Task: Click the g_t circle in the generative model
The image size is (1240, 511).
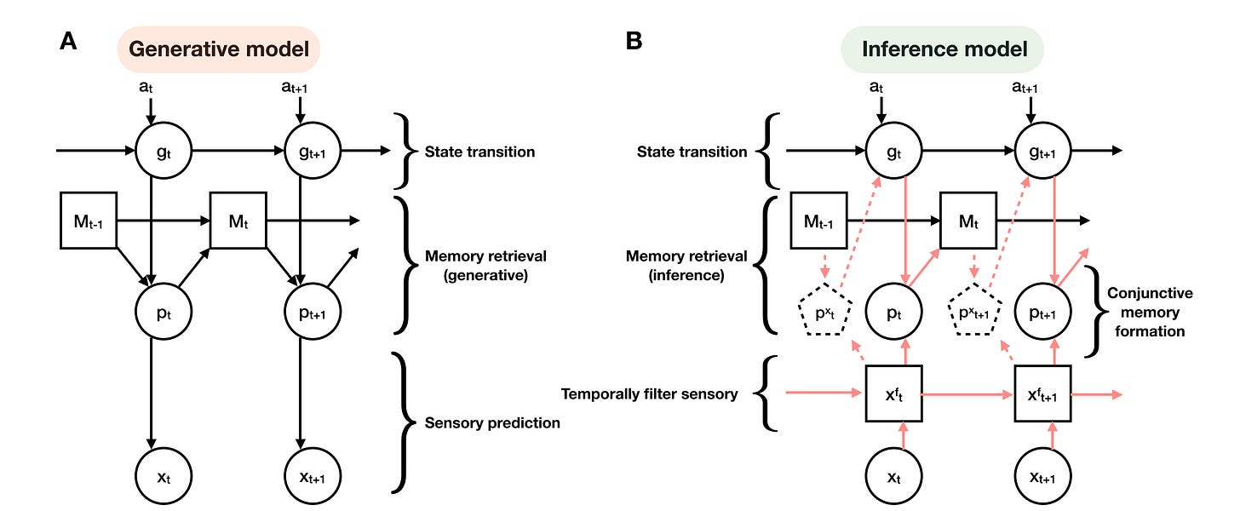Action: (163, 152)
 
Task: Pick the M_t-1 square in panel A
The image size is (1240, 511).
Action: (89, 220)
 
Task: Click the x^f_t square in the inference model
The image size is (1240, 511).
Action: (893, 394)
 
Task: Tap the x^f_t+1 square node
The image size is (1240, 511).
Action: (1042, 394)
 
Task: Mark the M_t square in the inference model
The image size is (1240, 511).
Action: (968, 220)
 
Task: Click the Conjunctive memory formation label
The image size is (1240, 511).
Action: (1149, 312)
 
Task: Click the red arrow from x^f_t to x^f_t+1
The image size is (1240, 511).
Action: (967, 394)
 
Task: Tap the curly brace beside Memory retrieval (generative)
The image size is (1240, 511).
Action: (402, 263)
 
